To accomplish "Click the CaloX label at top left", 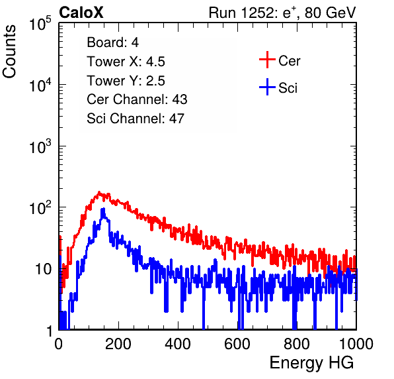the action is point(81,13).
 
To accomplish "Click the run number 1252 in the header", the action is point(256,13).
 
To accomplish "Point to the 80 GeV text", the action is point(330,13).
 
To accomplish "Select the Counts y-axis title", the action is point(9,52).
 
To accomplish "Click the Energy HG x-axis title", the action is point(311,363).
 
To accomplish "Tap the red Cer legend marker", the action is point(267,60).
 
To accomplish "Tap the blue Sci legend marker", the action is point(267,87).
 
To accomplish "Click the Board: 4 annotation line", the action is point(112,42).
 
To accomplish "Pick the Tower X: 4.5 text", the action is point(126,62).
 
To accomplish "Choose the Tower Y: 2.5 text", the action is point(126,81).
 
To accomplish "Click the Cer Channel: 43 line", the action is point(137,99).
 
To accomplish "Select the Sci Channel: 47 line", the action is point(136,119).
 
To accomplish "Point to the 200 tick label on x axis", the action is point(118,344).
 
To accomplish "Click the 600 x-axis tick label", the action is point(237,344).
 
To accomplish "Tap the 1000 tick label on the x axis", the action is point(356,344).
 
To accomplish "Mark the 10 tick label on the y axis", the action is point(43,270).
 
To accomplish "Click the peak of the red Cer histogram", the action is point(99,192).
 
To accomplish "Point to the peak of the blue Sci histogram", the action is point(103,209).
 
